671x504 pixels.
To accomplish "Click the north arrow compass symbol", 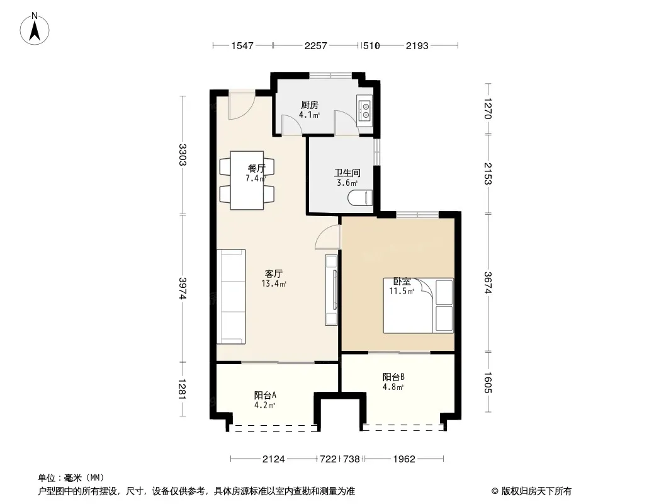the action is click(35, 29).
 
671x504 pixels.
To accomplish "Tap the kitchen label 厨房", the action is click(310, 105).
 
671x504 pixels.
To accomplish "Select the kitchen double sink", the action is click(365, 109).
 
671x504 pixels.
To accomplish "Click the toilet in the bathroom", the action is click(360, 198).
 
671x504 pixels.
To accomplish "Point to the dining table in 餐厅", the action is click(247, 180).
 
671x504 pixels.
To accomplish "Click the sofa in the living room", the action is click(231, 296).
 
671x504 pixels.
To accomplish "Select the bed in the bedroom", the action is click(418, 306).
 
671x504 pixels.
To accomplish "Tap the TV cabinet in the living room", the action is click(332, 290).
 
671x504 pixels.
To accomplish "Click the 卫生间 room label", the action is click(347, 173).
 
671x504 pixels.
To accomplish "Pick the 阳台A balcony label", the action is click(265, 395).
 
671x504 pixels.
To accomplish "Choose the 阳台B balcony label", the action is click(393, 377).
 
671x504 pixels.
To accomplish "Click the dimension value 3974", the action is click(183, 288).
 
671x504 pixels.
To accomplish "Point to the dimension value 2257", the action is click(316, 45).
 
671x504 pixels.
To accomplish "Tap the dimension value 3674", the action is click(488, 283).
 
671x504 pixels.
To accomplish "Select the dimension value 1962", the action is click(404, 459).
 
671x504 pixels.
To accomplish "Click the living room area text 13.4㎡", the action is click(274, 283).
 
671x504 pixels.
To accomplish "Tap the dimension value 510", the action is click(371, 45).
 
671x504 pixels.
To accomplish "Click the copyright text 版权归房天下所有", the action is click(536, 491).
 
